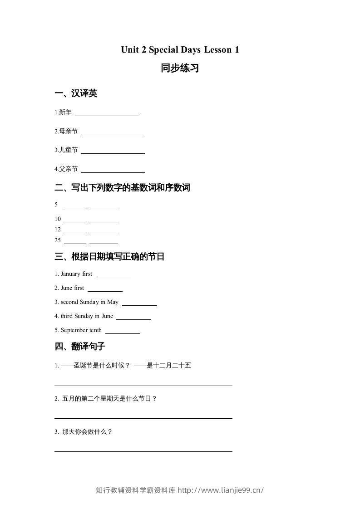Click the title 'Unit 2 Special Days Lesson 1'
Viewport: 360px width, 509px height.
pyautogui.click(x=180, y=50)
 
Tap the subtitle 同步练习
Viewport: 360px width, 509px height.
pyautogui.click(x=180, y=69)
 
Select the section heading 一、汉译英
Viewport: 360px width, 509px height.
pyautogui.click(x=76, y=93)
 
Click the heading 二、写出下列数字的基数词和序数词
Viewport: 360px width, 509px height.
pyautogui.click(x=122, y=187)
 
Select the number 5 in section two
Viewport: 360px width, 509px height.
pyautogui.click(x=56, y=205)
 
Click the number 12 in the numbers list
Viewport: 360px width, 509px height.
pyautogui.click(x=58, y=230)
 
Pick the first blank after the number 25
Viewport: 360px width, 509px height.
pyautogui.click(x=75, y=242)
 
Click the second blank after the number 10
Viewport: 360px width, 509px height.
pyautogui.click(x=104, y=220)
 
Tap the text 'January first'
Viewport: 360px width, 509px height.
pyautogui.click(x=76, y=274)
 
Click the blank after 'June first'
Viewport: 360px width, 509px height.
pyautogui.click(x=105, y=289)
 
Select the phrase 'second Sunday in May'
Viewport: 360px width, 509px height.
pyautogui.click(x=89, y=302)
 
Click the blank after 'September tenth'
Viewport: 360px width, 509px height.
pyautogui.click(x=123, y=332)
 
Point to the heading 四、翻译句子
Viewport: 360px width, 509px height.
pyautogui.click(x=80, y=347)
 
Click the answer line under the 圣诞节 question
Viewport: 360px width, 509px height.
pyautogui.click(x=143, y=384)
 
